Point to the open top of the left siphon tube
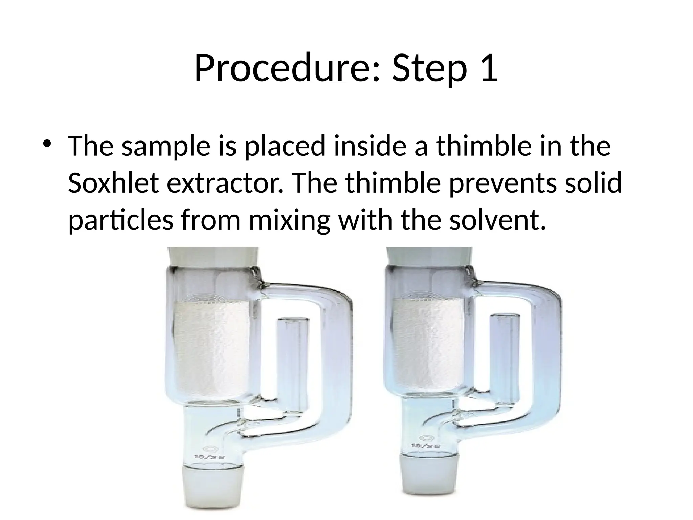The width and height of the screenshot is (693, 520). [x=293, y=320]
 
